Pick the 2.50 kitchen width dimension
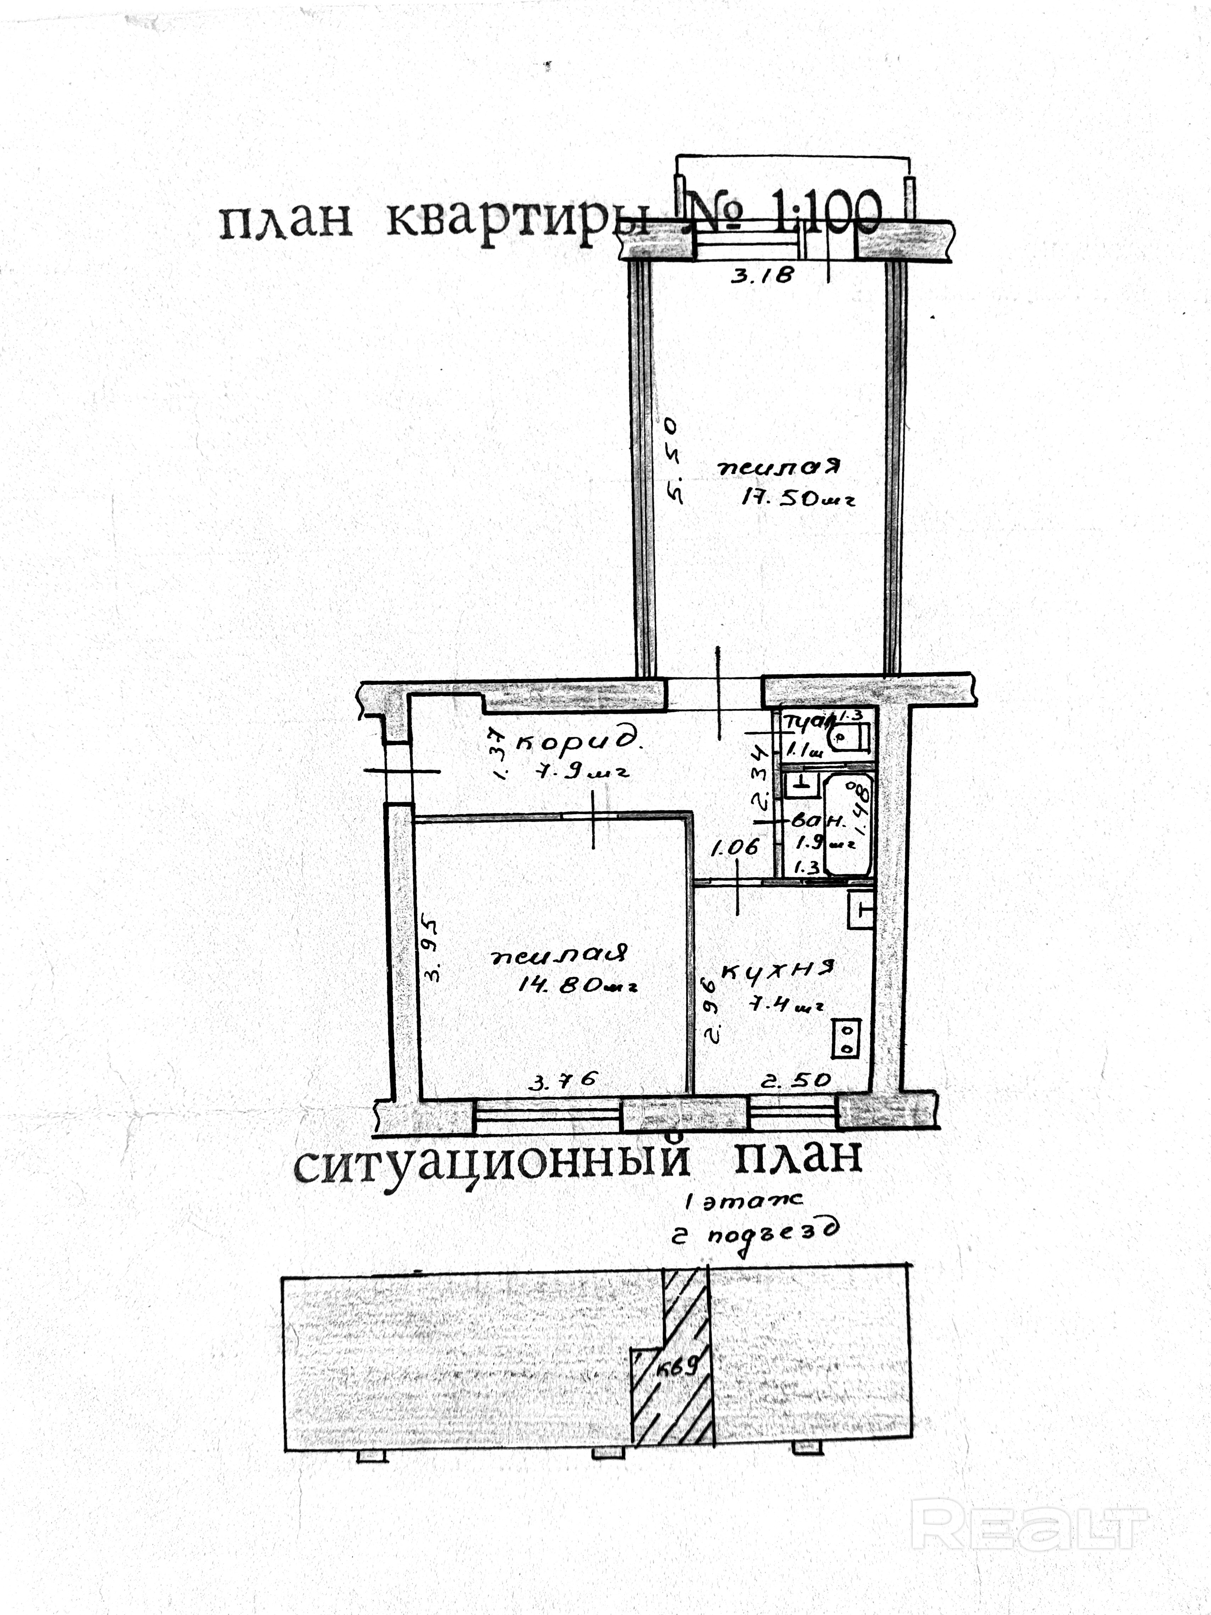click(795, 1079)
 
